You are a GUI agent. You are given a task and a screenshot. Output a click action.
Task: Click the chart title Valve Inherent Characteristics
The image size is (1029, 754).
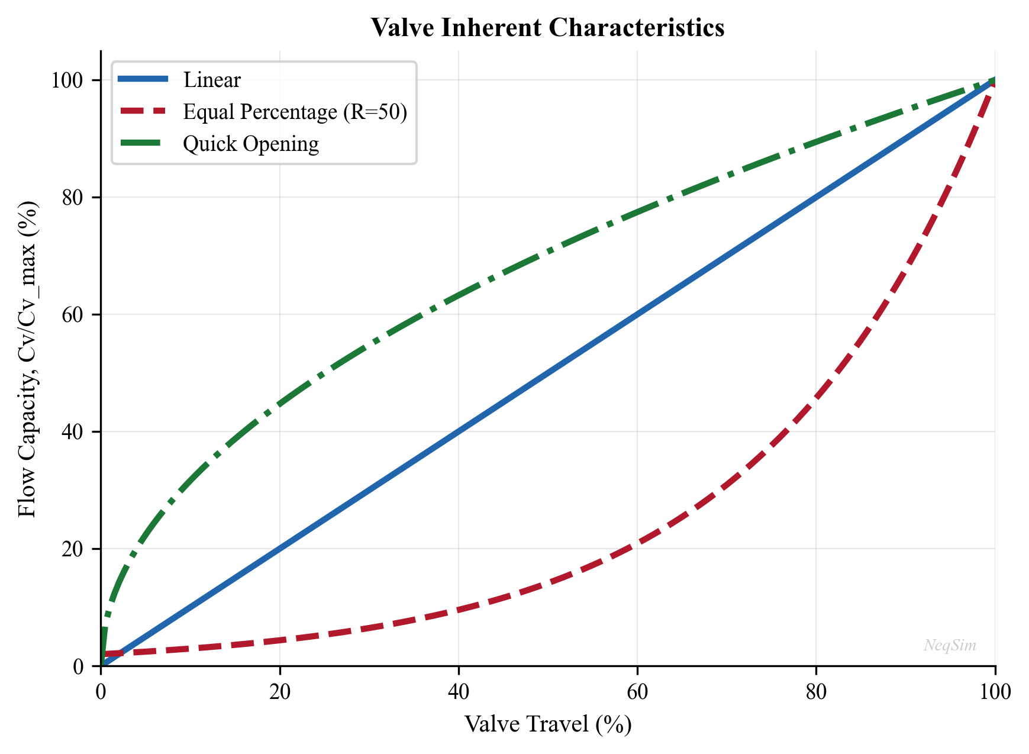click(547, 28)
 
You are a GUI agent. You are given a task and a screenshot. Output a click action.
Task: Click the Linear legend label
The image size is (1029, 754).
click(212, 80)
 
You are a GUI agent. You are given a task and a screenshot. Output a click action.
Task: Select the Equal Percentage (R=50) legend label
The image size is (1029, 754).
click(295, 112)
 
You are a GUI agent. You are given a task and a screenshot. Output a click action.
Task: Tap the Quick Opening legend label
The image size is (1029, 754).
click(251, 144)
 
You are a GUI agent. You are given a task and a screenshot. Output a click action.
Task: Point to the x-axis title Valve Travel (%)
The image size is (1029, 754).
click(547, 724)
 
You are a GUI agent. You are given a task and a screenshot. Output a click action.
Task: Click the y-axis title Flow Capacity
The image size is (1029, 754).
click(27, 359)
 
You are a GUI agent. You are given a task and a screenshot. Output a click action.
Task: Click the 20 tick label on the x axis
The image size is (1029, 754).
click(280, 692)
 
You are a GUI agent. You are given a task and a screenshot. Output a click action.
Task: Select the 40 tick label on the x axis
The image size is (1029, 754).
click(459, 692)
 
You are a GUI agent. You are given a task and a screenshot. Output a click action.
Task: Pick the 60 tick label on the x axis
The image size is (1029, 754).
click(637, 692)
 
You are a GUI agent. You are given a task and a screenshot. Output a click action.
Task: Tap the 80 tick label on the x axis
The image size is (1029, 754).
click(816, 692)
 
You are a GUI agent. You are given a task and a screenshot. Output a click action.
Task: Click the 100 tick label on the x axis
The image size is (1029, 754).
click(995, 692)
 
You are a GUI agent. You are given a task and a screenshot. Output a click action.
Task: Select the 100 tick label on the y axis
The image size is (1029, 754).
click(67, 80)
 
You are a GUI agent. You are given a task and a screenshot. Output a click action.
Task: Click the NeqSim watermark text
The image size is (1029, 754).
click(950, 645)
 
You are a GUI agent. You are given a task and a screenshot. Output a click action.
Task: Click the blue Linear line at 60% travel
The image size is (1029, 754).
click(637, 314)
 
